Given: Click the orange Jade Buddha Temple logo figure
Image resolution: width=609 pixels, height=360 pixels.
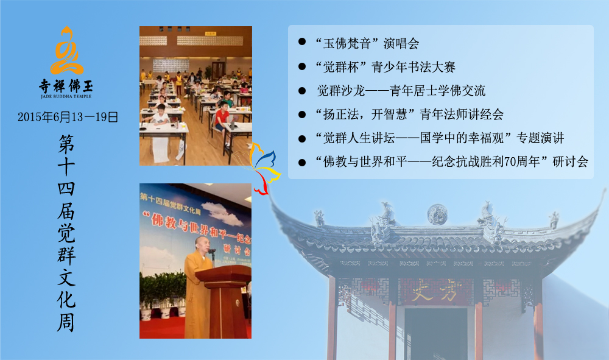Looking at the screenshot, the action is tap(66, 51).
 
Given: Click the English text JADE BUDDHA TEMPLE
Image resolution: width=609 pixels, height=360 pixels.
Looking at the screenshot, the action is tap(66, 96).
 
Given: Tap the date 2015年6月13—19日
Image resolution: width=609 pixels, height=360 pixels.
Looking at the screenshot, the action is tap(68, 117).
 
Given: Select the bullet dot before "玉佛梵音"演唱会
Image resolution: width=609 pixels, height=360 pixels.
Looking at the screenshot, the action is tap(302, 42).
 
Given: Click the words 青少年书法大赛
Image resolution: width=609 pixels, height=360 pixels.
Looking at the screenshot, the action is tap(414, 67).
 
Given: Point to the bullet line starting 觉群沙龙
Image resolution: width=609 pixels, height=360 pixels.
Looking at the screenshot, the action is tap(401, 91).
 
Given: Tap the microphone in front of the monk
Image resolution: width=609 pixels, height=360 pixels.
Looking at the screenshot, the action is tap(212, 253).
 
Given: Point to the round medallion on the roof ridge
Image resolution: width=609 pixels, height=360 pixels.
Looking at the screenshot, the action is tap(437, 214).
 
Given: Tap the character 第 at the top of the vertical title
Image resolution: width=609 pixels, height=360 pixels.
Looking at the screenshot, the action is tap(66, 144).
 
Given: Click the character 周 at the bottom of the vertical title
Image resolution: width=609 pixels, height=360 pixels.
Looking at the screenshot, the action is tap(66, 322).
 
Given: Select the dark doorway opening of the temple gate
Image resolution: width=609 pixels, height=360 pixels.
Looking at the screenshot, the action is tap(436, 334).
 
